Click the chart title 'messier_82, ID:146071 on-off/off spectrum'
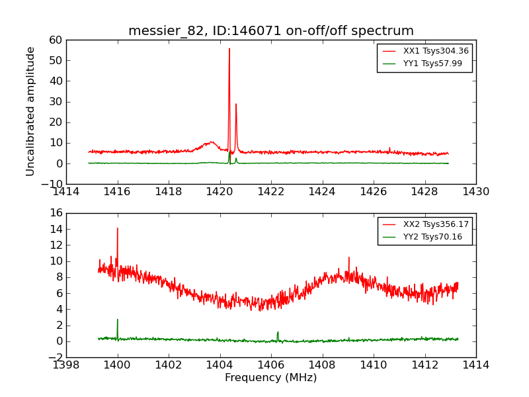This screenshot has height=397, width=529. [271, 31]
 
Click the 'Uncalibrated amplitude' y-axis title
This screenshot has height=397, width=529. [30, 111]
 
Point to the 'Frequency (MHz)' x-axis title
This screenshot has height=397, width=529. [271, 378]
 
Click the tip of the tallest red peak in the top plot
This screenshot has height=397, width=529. [229, 49]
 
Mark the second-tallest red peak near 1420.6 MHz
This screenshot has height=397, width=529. [236, 104]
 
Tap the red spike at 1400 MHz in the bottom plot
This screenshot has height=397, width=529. [118, 229]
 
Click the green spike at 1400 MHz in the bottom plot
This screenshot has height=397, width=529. [118, 320]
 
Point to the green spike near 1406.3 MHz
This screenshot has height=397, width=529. [278, 332]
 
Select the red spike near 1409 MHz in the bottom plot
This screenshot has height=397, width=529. [348, 258]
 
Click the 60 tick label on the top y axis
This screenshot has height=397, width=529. [56, 40]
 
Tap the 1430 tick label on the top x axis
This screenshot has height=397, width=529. [476, 192]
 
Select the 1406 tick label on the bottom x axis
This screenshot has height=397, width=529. [271, 365]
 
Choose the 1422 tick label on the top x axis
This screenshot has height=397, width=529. [271, 192]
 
